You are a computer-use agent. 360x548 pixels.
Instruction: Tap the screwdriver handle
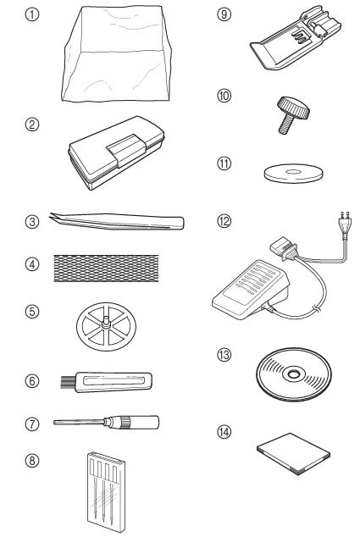[x=143, y=420]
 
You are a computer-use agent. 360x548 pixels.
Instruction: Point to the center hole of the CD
[x=293, y=373]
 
